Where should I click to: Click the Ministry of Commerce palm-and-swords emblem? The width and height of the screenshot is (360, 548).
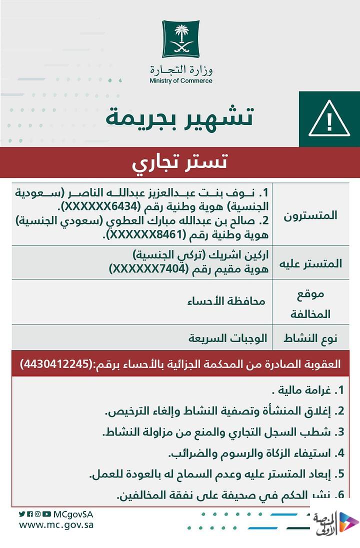(180, 39)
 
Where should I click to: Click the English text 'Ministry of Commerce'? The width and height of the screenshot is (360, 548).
(180, 81)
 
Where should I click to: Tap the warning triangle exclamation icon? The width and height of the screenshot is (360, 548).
(328, 119)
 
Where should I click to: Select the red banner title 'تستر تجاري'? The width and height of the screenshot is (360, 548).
(180, 162)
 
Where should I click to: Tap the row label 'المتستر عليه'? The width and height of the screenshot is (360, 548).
(313, 263)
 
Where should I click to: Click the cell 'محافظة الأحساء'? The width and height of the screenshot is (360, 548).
(226, 301)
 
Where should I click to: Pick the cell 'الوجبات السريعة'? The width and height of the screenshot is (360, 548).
(227, 338)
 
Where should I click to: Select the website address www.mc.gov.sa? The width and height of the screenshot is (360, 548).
(56, 525)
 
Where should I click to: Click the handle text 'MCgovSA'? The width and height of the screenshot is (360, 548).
(73, 514)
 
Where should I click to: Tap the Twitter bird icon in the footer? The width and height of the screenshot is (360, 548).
(22, 514)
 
